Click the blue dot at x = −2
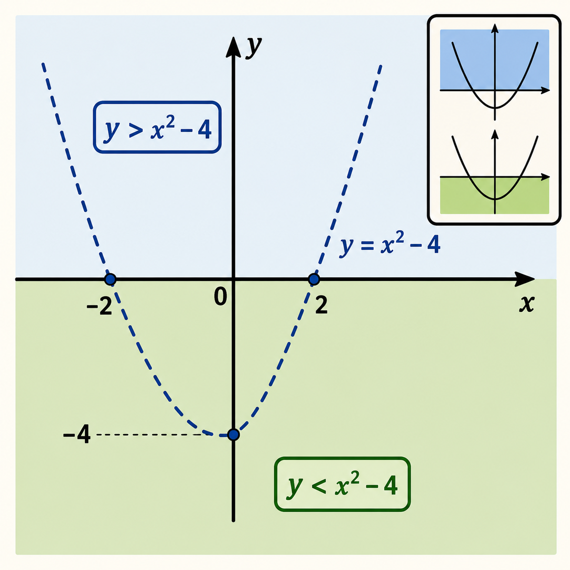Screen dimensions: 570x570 coord(110,279)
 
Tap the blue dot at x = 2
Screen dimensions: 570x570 coord(314,279)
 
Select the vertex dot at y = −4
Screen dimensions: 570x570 coord(234,435)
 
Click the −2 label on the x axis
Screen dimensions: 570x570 coord(100,305)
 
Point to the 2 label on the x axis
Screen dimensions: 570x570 coord(321,305)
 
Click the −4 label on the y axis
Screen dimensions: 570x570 coord(77,434)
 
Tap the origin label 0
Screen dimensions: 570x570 coord(220,296)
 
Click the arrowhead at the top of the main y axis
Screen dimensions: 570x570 coord(233,47)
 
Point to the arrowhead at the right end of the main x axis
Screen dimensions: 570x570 coord(525,279)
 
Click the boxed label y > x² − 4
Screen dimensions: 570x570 coord(157,127)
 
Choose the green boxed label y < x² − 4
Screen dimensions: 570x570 coord(342,484)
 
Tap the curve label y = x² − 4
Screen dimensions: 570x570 coord(390,245)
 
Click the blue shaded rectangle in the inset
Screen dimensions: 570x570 coord(495,60)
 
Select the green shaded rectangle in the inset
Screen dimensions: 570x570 coord(495,195)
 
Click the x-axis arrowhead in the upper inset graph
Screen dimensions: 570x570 coord(545,90)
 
